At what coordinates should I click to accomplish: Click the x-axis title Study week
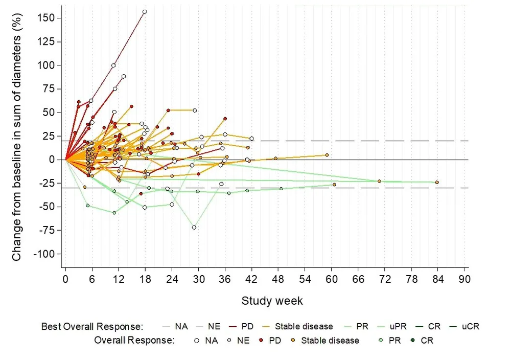[x=272, y=301]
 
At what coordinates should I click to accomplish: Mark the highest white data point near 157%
[x=145, y=11]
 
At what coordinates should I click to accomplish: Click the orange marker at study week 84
[x=437, y=183]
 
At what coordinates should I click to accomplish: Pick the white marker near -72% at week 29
[x=194, y=227]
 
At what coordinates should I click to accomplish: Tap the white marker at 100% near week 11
[x=113, y=65]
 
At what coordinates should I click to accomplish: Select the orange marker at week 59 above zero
[x=327, y=155]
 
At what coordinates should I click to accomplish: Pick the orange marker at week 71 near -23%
[x=379, y=181]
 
